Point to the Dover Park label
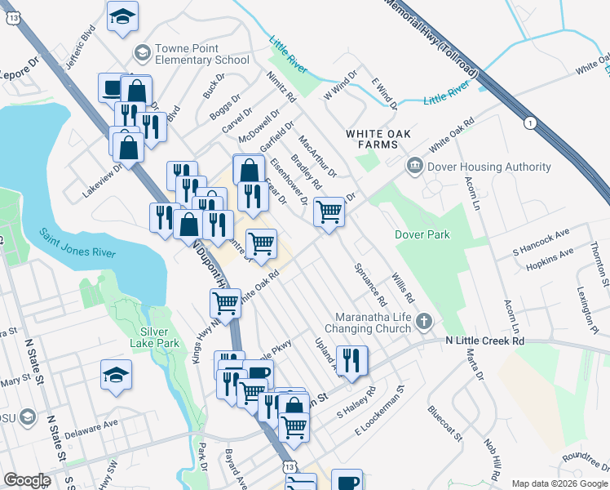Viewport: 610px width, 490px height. click(422, 234)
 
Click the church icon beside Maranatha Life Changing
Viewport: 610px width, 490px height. click(423, 321)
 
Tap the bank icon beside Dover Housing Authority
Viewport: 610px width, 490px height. click(415, 167)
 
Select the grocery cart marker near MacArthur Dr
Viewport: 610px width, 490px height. click(329, 212)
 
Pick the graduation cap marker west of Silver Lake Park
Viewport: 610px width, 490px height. click(116, 376)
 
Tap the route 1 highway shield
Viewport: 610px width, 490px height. click(532, 122)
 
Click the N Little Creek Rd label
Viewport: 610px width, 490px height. click(484, 341)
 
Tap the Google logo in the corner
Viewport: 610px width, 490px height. click(27, 480)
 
